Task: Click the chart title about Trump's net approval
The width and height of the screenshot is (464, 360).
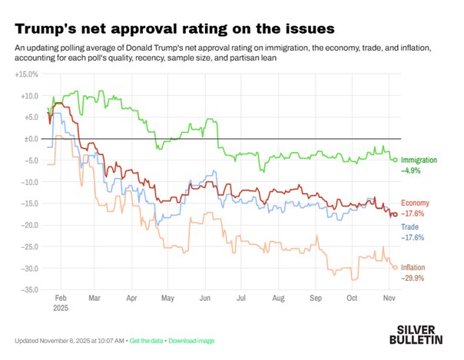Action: (174, 28)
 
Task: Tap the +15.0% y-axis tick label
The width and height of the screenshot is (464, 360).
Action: (27, 74)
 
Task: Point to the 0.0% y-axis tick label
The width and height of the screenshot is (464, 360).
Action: (28, 139)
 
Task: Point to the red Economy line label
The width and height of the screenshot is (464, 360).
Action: (415, 203)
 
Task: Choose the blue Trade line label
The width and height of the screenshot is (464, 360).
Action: (409, 227)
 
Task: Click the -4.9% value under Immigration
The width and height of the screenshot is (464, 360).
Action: (411, 170)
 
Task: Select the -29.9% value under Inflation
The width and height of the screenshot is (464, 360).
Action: (413, 278)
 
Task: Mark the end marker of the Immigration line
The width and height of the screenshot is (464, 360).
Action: (395, 160)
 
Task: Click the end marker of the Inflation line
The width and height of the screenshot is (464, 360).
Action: (395, 267)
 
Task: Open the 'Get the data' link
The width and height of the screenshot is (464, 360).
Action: (149, 340)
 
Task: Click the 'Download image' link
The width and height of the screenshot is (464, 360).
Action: (191, 340)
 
